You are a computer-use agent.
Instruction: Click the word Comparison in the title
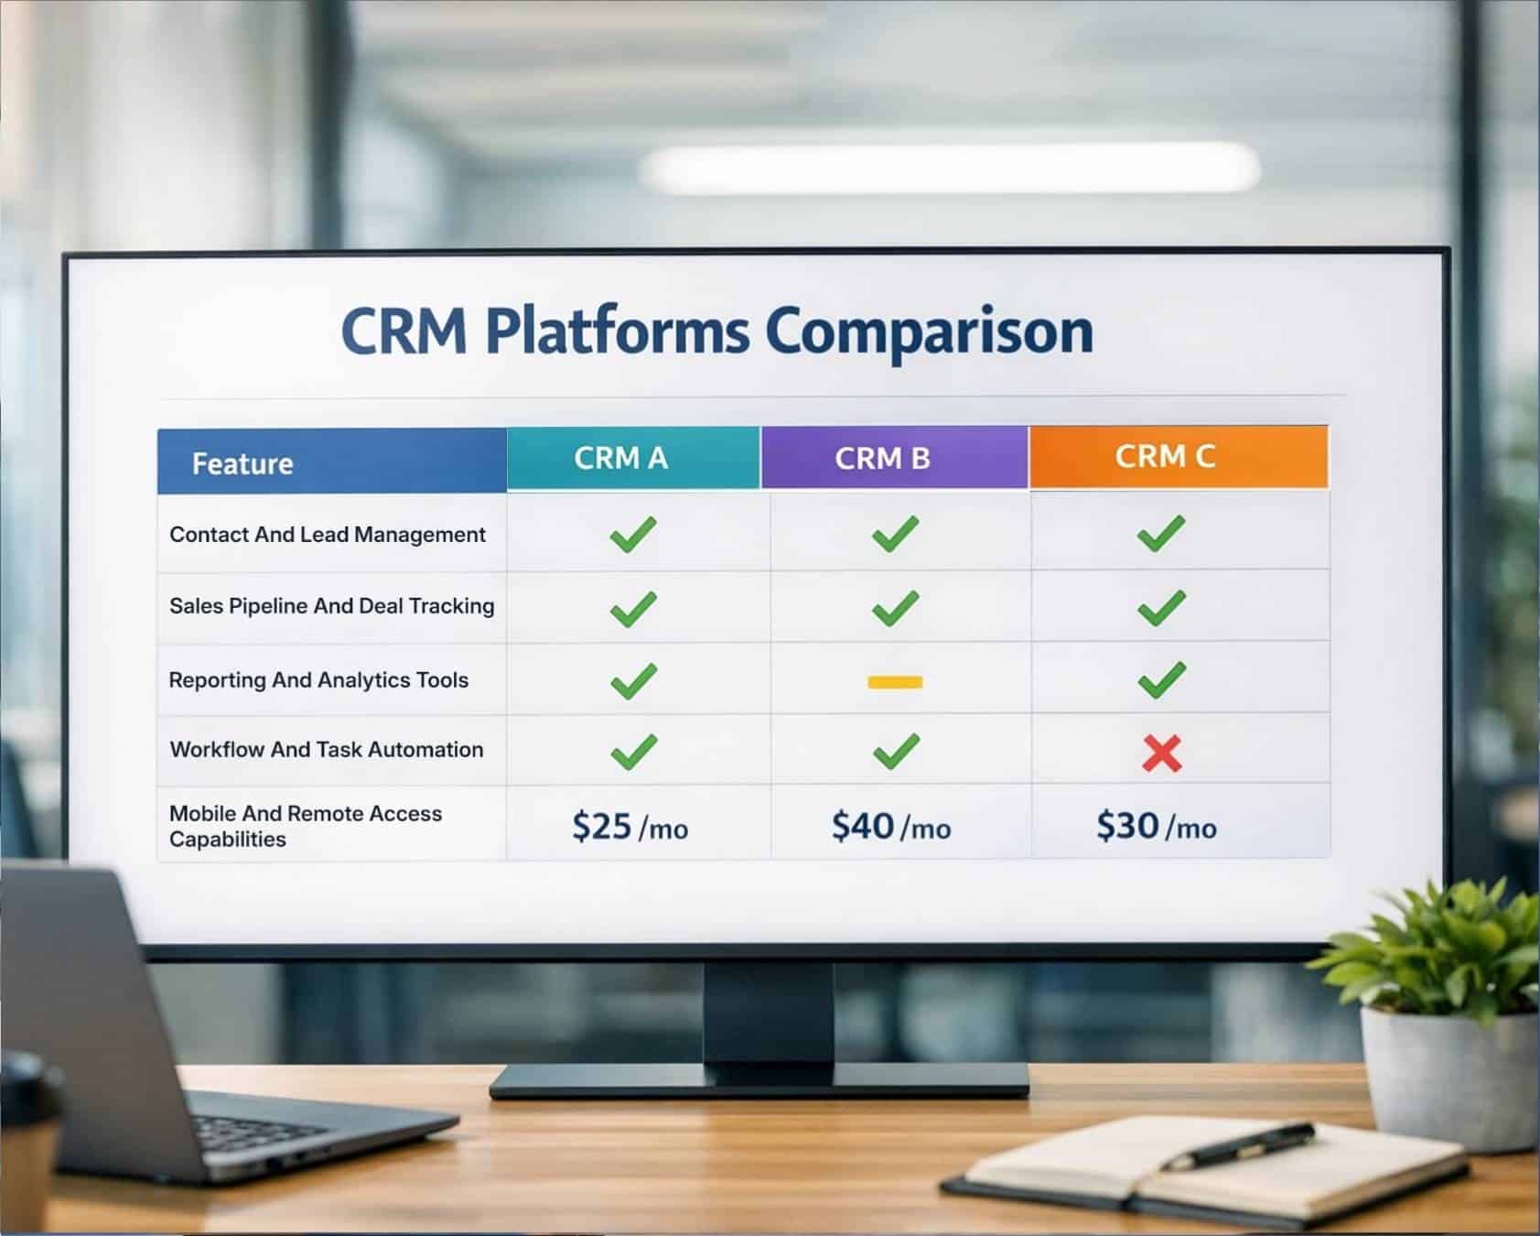929,331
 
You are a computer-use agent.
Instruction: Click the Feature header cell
242,463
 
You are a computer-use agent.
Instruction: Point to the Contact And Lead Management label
328,535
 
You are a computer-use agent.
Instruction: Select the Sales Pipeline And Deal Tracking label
331,606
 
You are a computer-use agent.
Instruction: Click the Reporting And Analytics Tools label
318,680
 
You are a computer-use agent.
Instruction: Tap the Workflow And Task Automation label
327,750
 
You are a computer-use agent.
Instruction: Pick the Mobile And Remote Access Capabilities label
306,826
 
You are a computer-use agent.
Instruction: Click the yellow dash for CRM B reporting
895,682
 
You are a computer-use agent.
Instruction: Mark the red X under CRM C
1162,754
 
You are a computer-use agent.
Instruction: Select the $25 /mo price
630,827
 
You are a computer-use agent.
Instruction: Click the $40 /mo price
890,827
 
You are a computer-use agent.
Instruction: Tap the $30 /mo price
1157,827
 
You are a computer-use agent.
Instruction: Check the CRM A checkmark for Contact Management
633,534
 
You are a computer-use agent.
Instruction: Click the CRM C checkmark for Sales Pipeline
1161,608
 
